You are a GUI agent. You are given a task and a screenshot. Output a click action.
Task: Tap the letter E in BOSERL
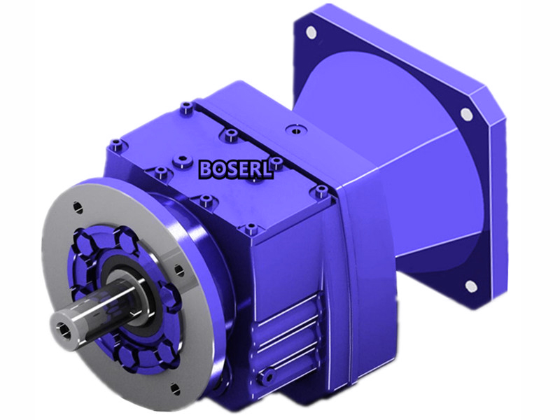click(243, 169)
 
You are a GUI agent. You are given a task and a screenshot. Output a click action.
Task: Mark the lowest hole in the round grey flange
click(174, 387)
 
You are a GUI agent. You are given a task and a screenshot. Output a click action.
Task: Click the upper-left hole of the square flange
click(310, 31)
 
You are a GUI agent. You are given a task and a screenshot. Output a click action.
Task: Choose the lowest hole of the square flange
click(471, 285)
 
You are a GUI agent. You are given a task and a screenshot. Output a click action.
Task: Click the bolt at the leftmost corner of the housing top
click(115, 146)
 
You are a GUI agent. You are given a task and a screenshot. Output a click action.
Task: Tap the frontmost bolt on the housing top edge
click(250, 228)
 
